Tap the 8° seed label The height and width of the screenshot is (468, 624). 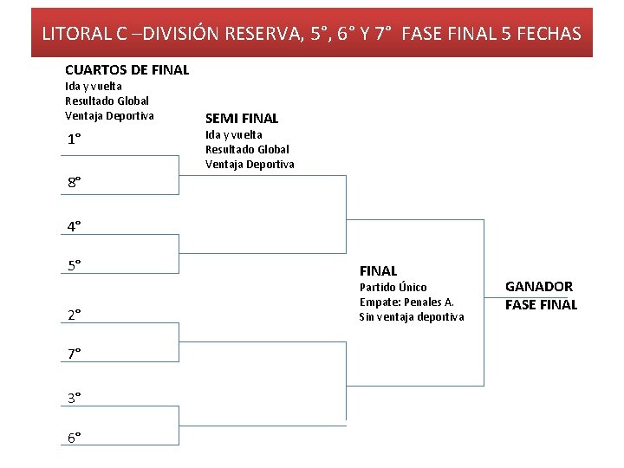point(75,182)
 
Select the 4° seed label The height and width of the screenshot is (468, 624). point(75,226)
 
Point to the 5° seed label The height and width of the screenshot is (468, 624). point(75,265)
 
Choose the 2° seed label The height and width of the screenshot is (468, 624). point(75,315)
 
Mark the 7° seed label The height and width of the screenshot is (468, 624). point(75,353)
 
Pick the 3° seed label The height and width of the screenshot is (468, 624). point(75,397)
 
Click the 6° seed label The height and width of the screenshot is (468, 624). point(75,437)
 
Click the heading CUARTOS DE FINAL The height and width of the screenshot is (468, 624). point(127,69)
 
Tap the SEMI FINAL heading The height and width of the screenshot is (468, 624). point(242,119)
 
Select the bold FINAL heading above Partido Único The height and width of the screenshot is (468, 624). point(378,271)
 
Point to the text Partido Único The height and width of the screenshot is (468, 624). point(393,287)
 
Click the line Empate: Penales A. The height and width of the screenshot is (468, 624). point(406,302)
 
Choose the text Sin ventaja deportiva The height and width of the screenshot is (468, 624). point(411,316)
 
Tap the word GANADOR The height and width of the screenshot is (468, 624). point(539,287)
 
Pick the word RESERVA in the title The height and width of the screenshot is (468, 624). point(261,34)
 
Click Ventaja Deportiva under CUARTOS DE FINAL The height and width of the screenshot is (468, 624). point(109,115)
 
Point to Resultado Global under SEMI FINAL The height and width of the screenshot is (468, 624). point(247,149)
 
